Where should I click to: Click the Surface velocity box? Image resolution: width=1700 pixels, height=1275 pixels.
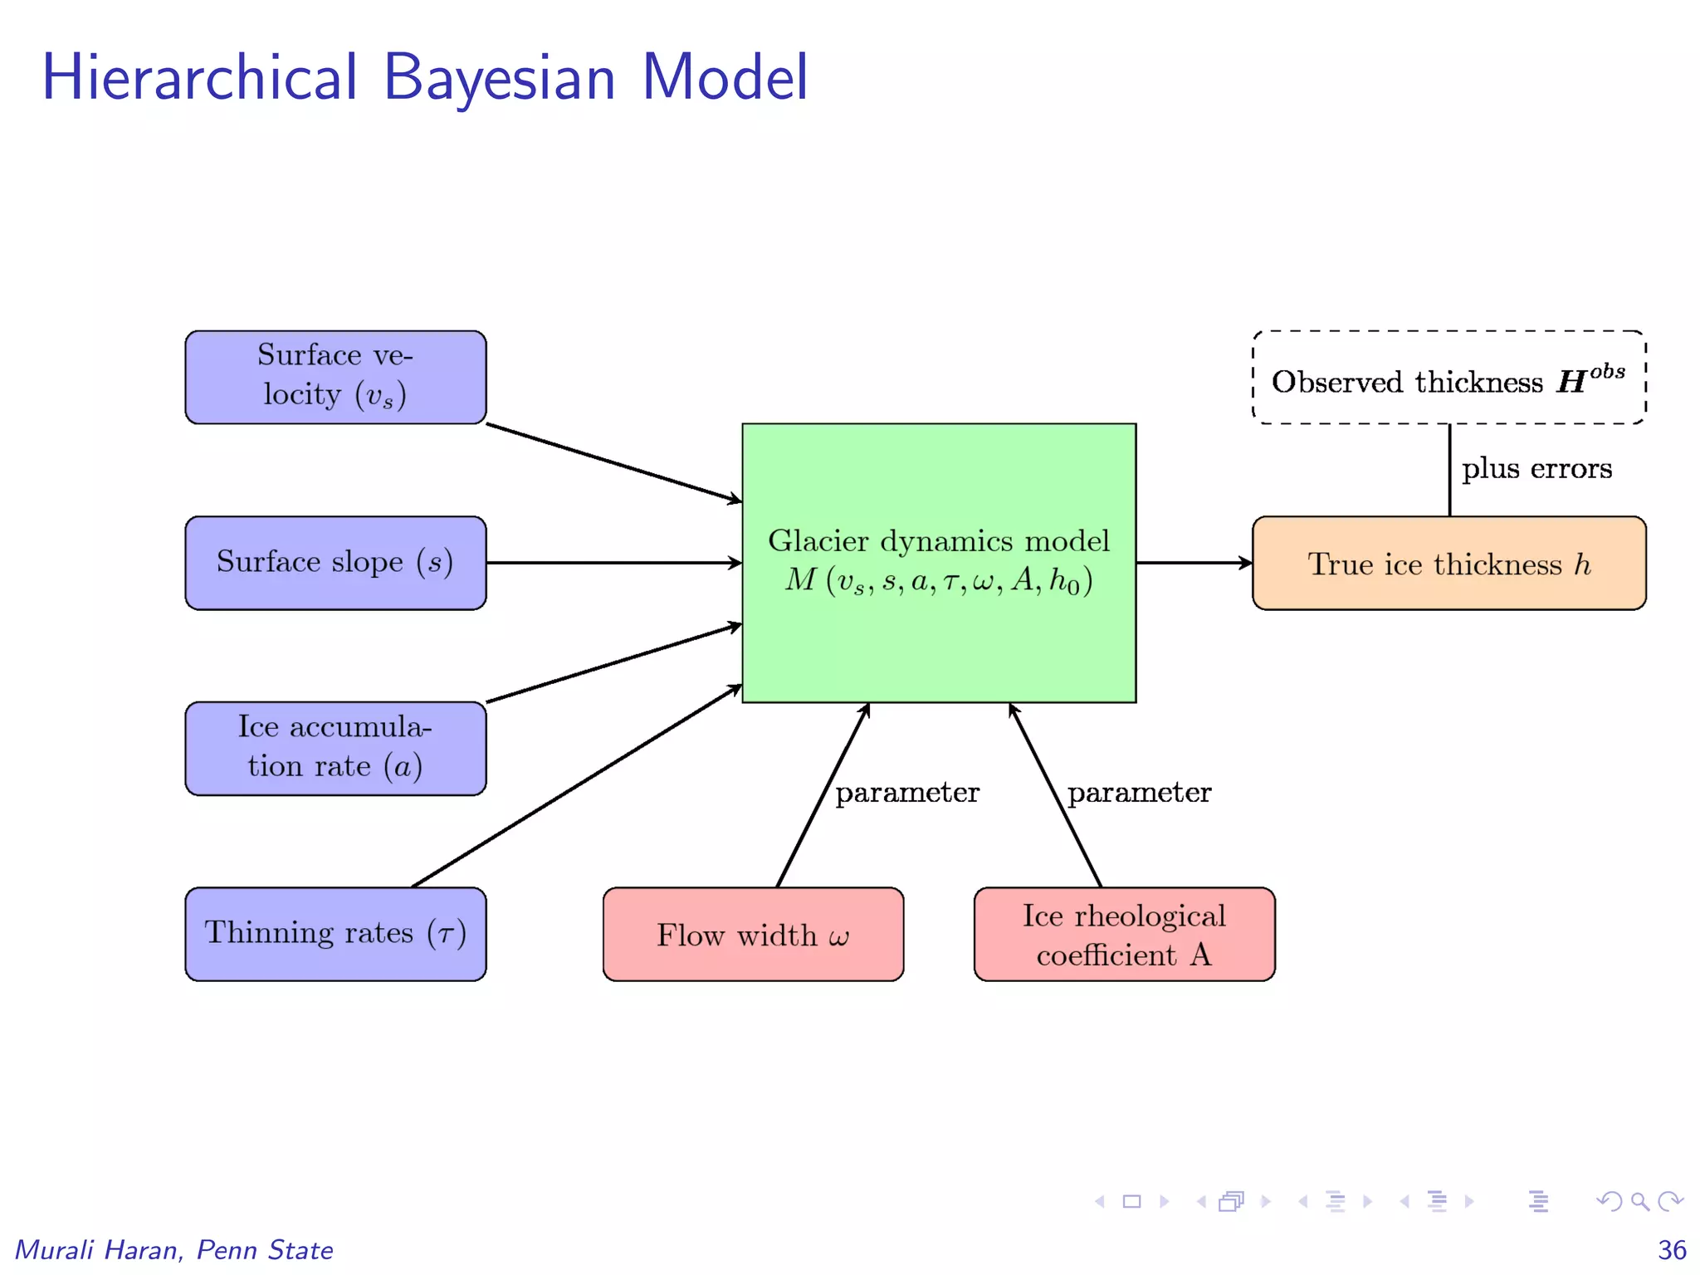click(335, 377)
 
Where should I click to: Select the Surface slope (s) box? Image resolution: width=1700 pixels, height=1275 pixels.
click(335, 563)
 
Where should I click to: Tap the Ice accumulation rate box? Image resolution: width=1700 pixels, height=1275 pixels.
click(335, 748)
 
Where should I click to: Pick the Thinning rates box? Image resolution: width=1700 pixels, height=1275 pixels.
click(335, 934)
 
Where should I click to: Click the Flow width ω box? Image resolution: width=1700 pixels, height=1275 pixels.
click(753, 935)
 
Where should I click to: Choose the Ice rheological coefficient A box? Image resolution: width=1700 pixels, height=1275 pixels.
click(1124, 935)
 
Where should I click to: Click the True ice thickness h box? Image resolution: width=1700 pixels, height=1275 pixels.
click(1448, 564)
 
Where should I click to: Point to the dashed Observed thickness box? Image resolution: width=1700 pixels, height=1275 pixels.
click(1448, 378)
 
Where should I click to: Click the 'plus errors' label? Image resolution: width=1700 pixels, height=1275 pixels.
click(1536, 469)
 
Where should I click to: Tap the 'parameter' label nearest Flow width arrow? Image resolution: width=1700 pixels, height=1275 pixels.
click(906, 793)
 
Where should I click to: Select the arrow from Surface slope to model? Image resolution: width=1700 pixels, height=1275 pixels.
click(614, 563)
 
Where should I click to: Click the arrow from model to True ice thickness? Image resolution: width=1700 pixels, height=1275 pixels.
click(1193, 563)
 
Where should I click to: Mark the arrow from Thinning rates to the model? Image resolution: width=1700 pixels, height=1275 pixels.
click(577, 785)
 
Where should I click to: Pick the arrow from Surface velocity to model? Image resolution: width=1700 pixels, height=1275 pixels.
click(614, 463)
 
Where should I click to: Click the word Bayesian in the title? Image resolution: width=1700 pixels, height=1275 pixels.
click(499, 78)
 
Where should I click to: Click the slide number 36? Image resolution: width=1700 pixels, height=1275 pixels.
click(1671, 1250)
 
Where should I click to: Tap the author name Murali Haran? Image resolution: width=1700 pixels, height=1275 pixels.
click(100, 1250)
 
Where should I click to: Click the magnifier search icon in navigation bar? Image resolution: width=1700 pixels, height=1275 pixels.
click(1639, 1201)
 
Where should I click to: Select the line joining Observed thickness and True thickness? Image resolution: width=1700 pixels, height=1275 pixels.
click(1449, 470)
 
